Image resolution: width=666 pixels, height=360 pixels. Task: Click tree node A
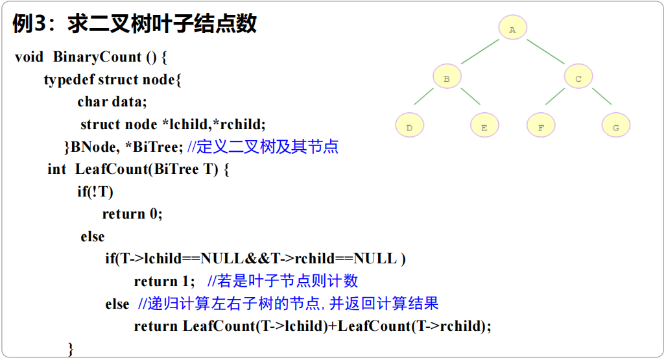click(512, 30)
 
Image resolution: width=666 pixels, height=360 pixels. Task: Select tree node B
click(447, 78)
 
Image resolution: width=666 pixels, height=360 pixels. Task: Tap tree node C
click(578, 78)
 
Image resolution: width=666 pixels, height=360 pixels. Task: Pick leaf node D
click(409, 127)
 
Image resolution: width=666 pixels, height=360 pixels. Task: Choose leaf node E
click(484, 127)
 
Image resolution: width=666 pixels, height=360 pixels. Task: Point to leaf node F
click(541, 127)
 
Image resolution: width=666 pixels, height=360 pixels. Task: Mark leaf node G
click(615, 127)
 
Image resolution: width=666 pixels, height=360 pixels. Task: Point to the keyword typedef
click(68, 80)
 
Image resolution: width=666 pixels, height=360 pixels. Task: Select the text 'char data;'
click(112, 102)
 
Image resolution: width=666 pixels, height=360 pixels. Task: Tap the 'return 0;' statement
click(132, 214)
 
